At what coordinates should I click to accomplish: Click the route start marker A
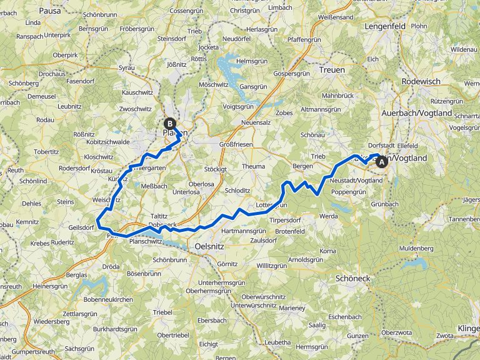pyautogui.click(x=381, y=161)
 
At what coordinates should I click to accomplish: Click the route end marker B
pyautogui.click(x=169, y=124)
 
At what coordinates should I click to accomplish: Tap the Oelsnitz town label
pyautogui.click(x=209, y=246)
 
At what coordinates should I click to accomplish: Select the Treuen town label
pyautogui.click(x=331, y=70)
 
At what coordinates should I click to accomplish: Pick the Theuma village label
pyautogui.click(x=253, y=166)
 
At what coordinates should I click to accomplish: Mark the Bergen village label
pyautogui.click(x=302, y=166)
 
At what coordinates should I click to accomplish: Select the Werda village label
pyautogui.click(x=328, y=216)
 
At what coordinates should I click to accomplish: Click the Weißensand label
pyautogui.click(x=336, y=17)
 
